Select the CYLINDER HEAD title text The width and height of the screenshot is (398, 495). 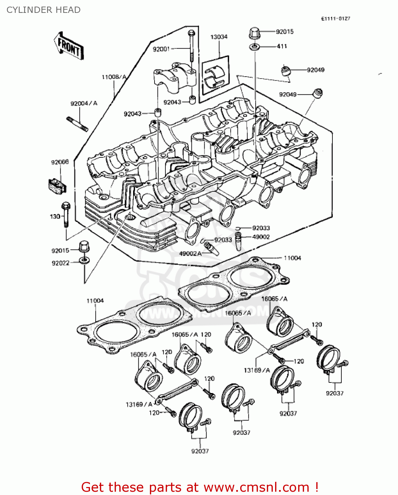(x=43, y=10)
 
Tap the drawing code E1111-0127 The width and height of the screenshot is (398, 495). (x=335, y=18)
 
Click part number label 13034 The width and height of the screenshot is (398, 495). (x=219, y=37)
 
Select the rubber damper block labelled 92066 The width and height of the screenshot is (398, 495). (x=57, y=185)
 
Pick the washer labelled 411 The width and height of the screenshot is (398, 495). (x=254, y=47)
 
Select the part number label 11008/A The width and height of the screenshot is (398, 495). (x=114, y=77)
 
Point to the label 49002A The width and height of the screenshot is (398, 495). (x=190, y=253)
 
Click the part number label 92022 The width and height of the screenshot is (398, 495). (x=60, y=263)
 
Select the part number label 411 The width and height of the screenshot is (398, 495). (x=282, y=47)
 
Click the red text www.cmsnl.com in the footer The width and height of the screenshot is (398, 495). (x=256, y=487)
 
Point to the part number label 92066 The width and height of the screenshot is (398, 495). (x=60, y=162)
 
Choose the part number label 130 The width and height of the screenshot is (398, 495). (x=55, y=216)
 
